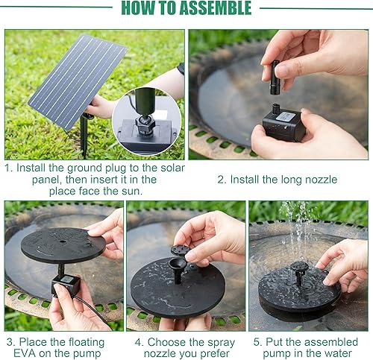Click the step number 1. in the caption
point(10,168)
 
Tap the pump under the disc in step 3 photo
point(66,283)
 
